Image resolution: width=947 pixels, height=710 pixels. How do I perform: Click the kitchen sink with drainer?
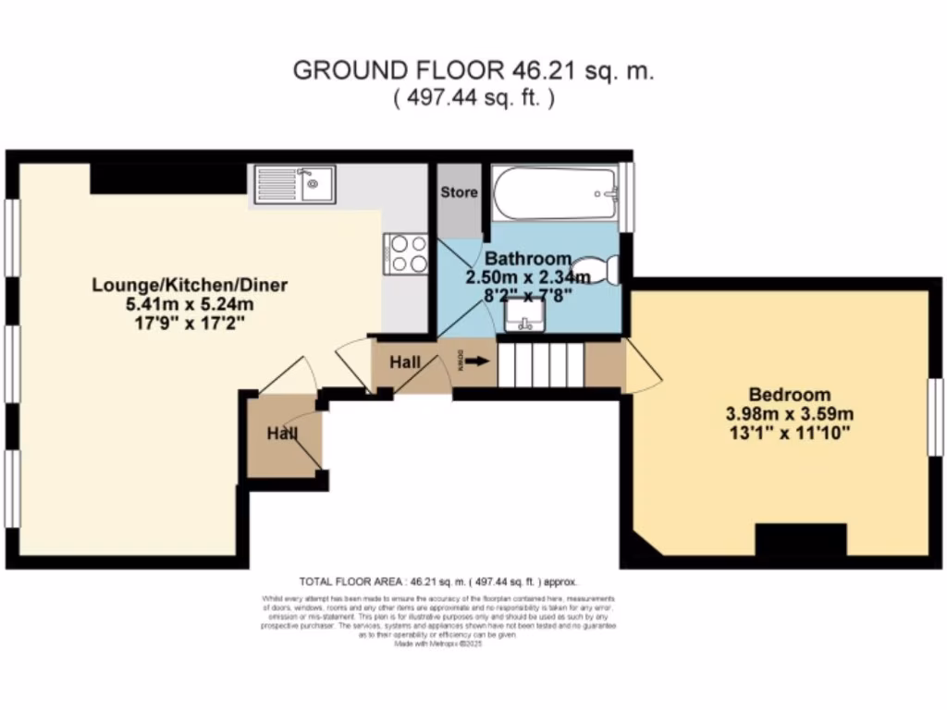coord(295,184)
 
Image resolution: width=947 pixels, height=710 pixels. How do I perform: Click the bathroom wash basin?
coord(524,315)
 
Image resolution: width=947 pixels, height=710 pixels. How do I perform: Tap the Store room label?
coord(459,192)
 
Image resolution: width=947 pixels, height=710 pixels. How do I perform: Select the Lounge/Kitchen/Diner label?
coord(190,285)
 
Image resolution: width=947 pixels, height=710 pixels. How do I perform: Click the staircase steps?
coord(541,363)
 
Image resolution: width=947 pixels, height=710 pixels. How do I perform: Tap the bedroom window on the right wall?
coord(936,416)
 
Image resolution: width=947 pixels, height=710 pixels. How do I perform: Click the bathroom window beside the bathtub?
coord(628,197)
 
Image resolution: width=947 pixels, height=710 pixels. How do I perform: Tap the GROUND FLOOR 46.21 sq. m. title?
coord(473,71)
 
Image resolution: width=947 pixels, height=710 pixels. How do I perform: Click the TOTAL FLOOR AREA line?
coord(438,581)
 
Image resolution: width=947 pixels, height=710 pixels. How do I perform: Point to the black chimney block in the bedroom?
coord(801,538)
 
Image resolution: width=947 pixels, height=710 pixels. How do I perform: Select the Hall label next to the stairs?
coord(404,362)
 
